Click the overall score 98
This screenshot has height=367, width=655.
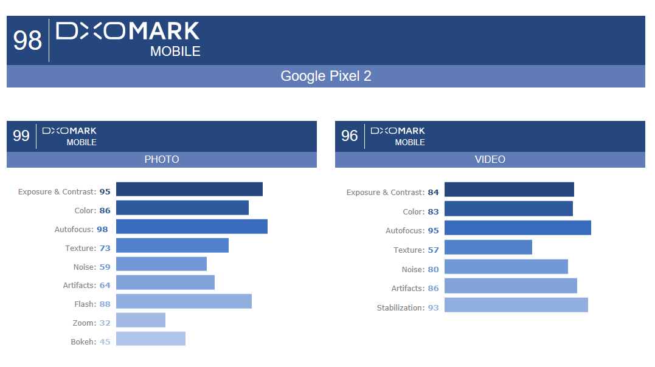click(x=27, y=41)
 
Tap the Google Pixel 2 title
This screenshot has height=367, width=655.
click(x=326, y=76)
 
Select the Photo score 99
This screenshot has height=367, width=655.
click(x=21, y=135)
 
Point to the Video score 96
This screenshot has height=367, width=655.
click(x=350, y=135)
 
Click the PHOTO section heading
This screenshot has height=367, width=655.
click(x=162, y=159)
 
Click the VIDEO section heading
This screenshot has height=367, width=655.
click(x=490, y=159)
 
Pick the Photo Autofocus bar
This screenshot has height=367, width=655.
click(x=192, y=227)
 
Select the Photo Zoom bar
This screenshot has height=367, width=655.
click(x=140, y=320)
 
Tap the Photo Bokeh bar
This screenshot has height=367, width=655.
click(x=151, y=338)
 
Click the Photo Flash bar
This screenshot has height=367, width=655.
click(x=184, y=301)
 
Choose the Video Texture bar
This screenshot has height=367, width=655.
click(x=488, y=247)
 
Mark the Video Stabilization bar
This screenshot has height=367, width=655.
click(x=516, y=305)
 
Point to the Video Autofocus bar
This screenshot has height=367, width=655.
click(x=518, y=228)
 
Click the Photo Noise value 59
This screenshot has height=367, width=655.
click(x=105, y=267)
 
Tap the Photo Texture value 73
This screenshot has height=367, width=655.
click(x=105, y=248)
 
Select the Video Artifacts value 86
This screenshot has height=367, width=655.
click(x=433, y=288)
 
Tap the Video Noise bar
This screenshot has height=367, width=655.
click(x=506, y=267)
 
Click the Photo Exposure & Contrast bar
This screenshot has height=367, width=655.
click(x=189, y=189)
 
